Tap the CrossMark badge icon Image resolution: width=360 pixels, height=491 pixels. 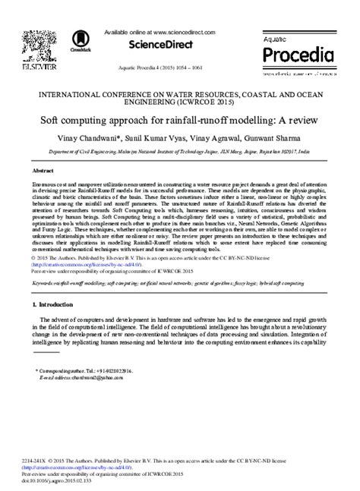pos(75,43)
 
